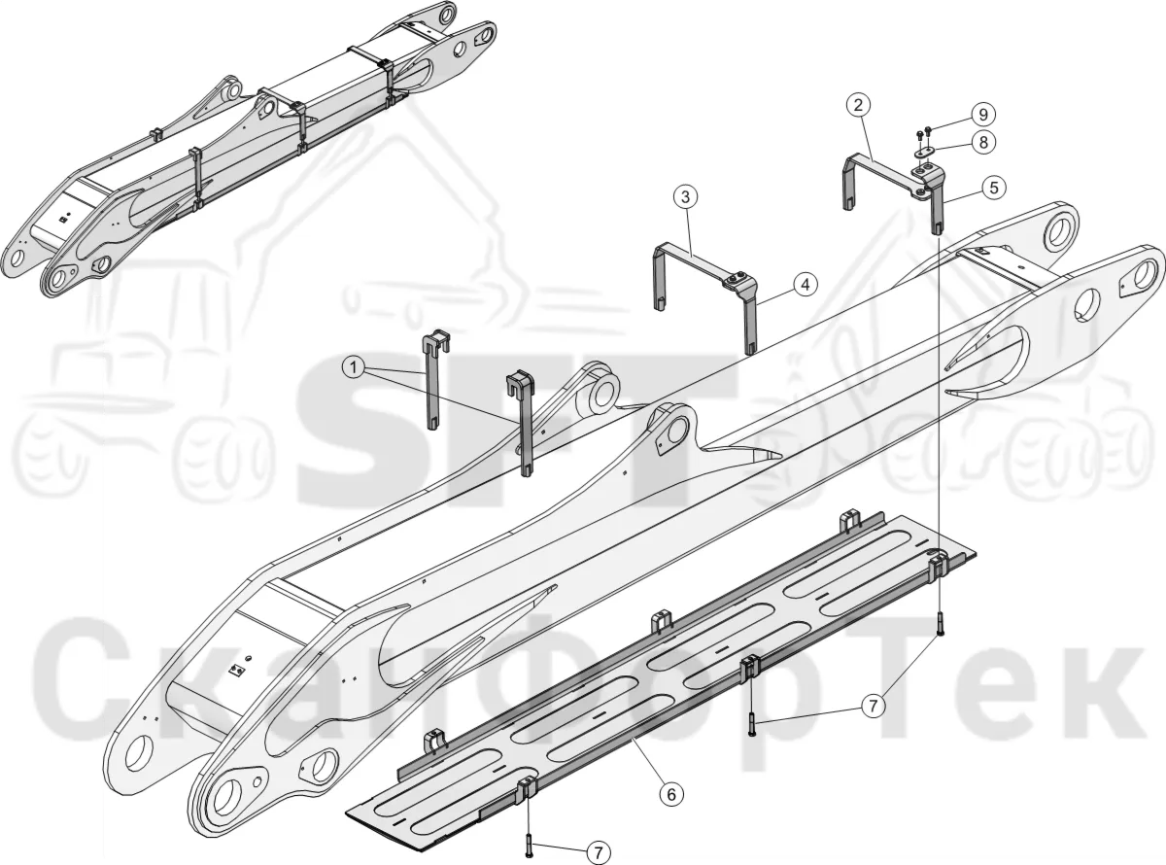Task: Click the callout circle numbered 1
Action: [x=354, y=367]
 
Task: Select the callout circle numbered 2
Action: [x=858, y=106]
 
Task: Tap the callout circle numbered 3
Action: [x=686, y=197]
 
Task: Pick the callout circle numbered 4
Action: [x=806, y=285]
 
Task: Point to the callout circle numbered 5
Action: [x=994, y=189]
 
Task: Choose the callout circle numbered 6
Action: [x=671, y=795]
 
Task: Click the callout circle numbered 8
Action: [x=983, y=143]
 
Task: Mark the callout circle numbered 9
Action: [x=983, y=114]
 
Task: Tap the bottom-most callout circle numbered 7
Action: [x=599, y=853]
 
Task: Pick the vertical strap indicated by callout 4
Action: [x=751, y=321]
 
